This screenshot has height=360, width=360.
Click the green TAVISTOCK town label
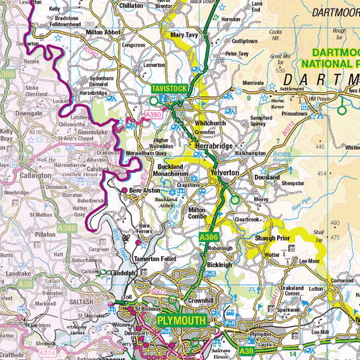tap(168, 89)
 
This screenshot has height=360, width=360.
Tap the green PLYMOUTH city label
tap(180, 320)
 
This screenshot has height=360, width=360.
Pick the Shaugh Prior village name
tap(271, 238)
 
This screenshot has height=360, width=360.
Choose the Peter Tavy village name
tap(239, 53)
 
